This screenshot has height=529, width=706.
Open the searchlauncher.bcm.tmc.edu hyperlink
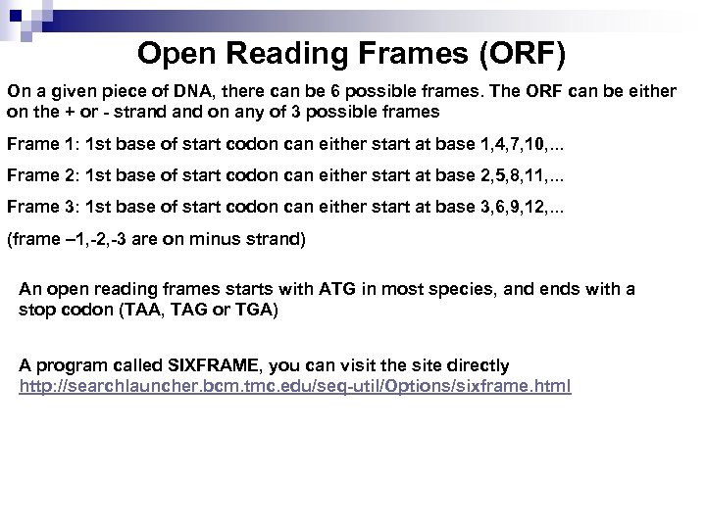tap(294, 385)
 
